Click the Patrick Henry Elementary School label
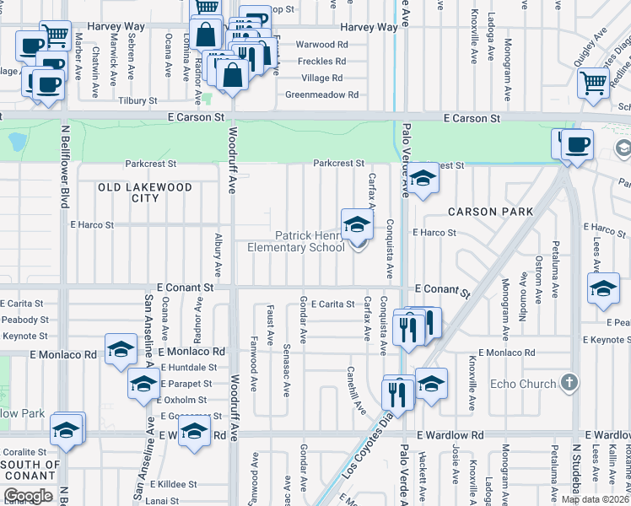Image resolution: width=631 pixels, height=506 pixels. coord(296,241)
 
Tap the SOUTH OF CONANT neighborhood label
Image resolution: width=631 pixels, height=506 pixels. coord(30,470)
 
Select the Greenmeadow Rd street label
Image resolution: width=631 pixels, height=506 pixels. coord(321,95)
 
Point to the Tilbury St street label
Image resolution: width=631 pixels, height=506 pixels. coord(138,100)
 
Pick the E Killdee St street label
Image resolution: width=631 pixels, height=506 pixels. coord(173,485)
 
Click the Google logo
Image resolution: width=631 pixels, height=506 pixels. coord(28,496)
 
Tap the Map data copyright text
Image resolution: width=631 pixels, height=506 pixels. coord(594,499)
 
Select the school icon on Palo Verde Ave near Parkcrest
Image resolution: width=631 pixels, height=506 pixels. coord(423,178)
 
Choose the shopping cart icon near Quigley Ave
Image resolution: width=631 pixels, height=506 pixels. coord(594,83)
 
